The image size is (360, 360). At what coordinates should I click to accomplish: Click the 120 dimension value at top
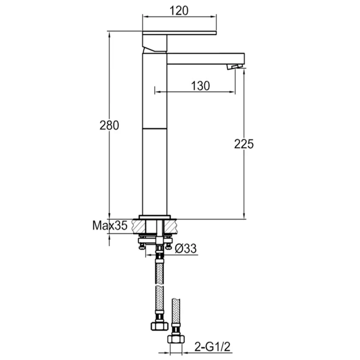pos(179,10)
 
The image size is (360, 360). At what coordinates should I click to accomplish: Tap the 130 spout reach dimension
pos(201,86)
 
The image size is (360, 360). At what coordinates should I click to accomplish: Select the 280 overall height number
pos(109,125)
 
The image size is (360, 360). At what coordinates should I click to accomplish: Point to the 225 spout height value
pos(244,144)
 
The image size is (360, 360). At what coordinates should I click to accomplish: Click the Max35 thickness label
pos(110,225)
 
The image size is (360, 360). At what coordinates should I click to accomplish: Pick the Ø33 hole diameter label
pos(186,248)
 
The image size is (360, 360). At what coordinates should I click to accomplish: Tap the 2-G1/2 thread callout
pos(212,347)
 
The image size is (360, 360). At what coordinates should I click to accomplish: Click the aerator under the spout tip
pos(234,67)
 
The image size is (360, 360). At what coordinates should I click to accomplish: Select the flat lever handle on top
pos(179,33)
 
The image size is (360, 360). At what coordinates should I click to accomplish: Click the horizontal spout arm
pos(206,59)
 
